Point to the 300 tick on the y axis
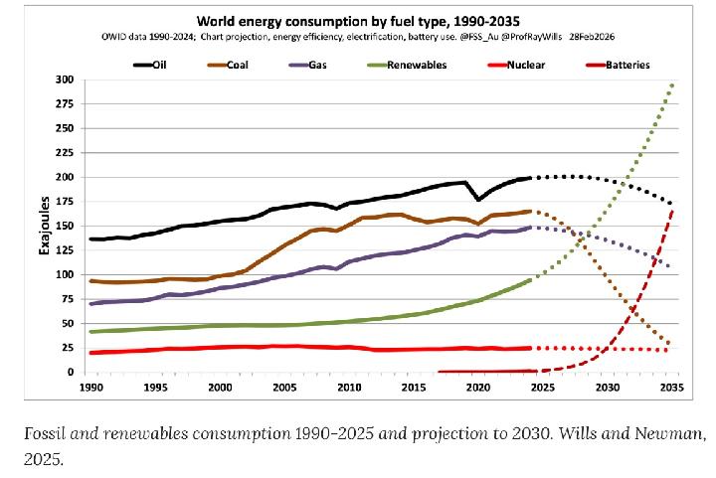pyautogui.click(x=67, y=80)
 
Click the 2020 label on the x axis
pyautogui.click(x=478, y=388)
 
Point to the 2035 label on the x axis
pyautogui.click(x=672, y=388)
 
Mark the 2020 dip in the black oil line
pyautogui.click(x=478, y=200)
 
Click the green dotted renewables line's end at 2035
pyautogui.click(x=672, y=84)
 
